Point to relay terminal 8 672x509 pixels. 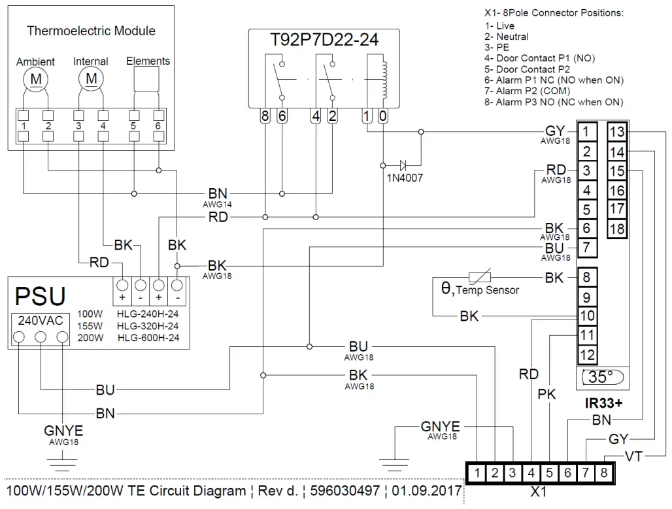click(x=265, y=116)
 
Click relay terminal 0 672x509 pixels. click(x=382, y=116)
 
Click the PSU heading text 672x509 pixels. click(x=41, y=296)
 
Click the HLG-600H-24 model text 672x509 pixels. click(x=148, y=337)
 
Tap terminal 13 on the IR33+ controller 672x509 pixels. click(x=616, y=132)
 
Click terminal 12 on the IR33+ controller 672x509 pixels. click(x=586, y=355)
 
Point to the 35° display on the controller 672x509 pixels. click(x=601, y=378)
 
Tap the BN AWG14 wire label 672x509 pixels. click(x=218, y=195)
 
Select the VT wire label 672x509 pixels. click(x=633, y=456)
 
